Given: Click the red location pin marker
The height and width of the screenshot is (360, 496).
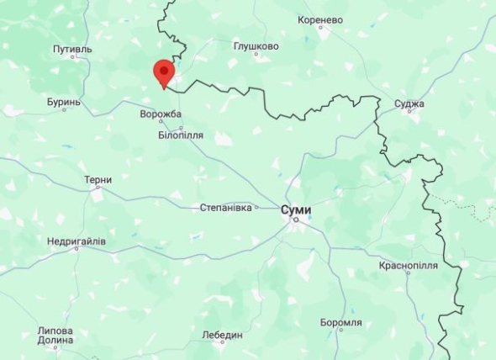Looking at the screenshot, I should pos(163,72).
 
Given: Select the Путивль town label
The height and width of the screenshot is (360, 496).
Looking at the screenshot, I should pos(72,50).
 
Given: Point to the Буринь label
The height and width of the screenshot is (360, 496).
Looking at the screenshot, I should pos(64,102).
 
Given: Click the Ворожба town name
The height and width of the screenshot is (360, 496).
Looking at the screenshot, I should pos(161,114).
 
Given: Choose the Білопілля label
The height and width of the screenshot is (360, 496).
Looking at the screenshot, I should pos(181,135).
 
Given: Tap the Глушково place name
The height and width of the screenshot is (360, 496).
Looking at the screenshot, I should pos(256,46).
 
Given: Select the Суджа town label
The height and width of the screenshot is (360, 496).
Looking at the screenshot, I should pos(409,104).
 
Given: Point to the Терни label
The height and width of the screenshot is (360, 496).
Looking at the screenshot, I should pos(98,180).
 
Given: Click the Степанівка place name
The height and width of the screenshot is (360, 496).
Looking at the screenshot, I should pos(226,207).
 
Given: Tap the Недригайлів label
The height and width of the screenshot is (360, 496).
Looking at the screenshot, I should pos(77,241).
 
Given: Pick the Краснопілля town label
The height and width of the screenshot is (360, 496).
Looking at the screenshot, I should pos(408,265).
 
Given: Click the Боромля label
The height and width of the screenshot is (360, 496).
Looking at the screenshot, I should pos(341,322).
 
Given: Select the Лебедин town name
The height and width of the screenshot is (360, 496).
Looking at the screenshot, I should pos(223,334).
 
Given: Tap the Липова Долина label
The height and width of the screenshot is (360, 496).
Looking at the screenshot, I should pos(55,336).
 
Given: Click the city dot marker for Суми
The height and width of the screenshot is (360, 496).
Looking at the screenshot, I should pos(295,220).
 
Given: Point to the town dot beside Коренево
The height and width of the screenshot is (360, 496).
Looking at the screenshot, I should pos(320,27).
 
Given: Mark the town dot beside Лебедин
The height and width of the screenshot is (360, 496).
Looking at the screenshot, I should pos(223,343).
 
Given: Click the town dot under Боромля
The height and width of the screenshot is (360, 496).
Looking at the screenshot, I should pos(341,332).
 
